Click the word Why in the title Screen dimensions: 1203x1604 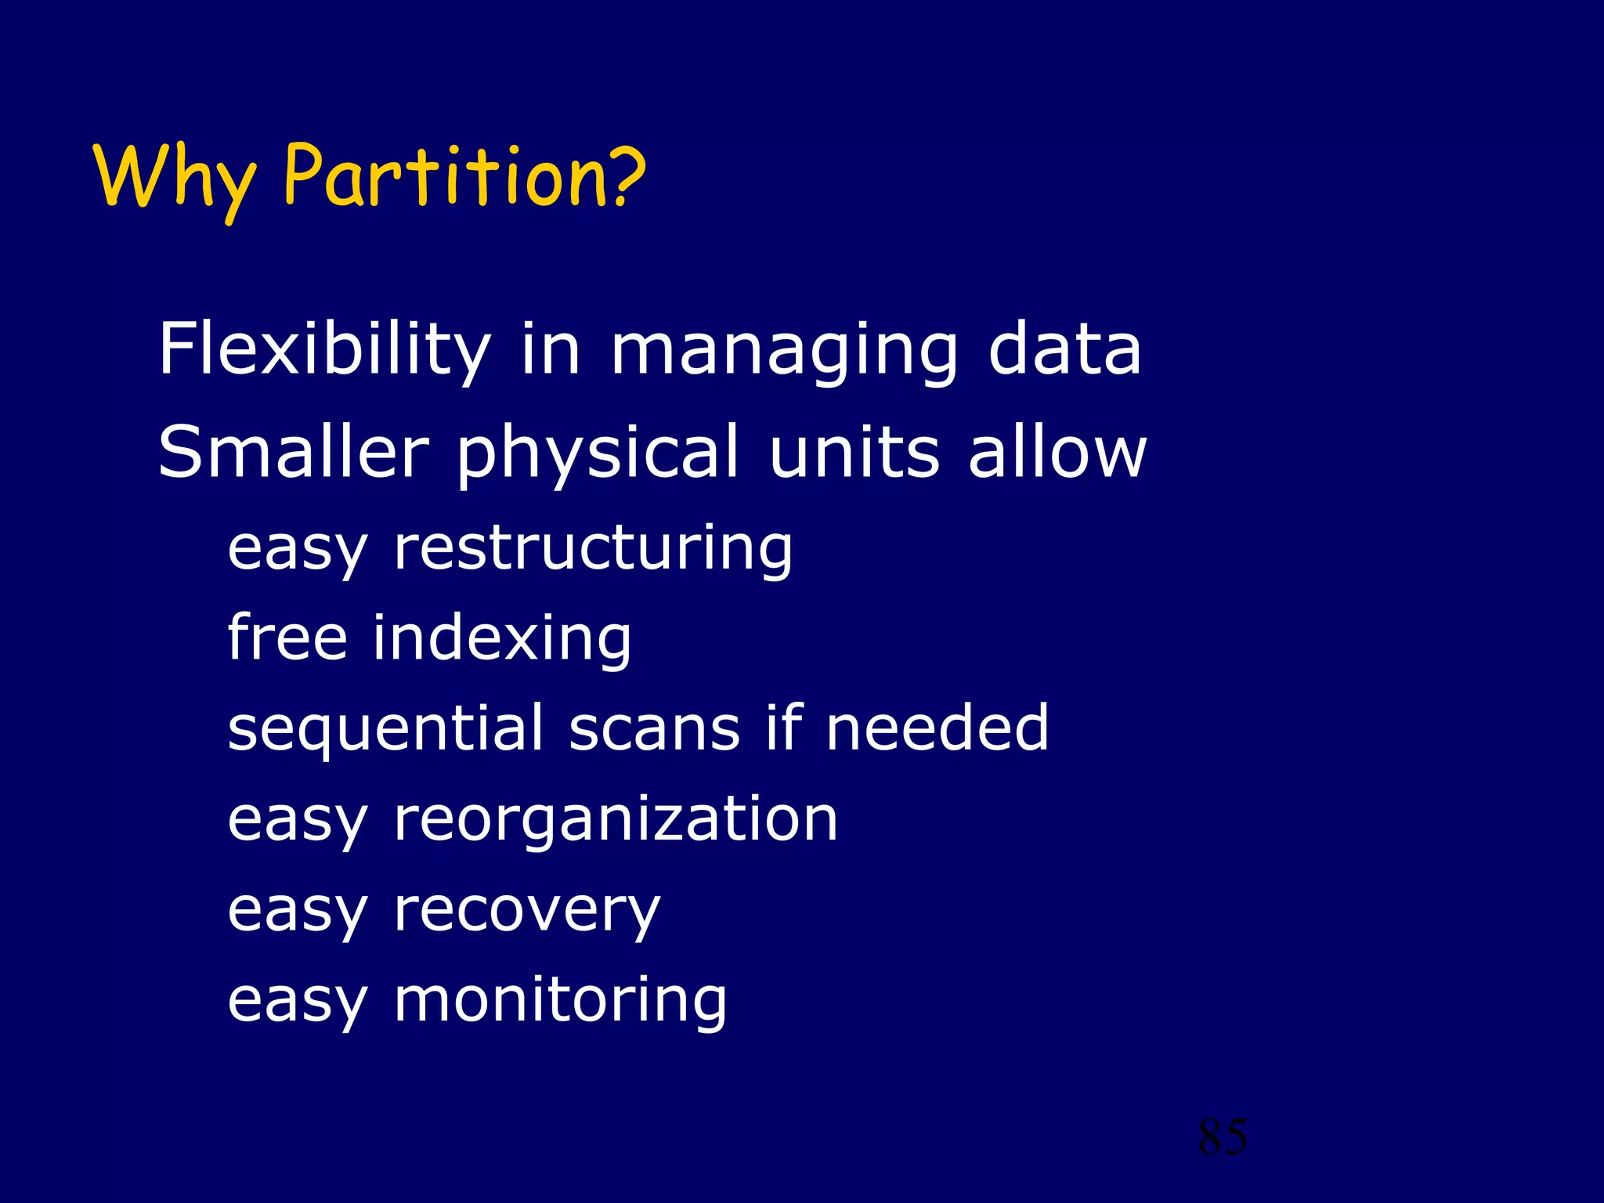click(174, 179)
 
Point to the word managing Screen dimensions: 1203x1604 click(784, 351)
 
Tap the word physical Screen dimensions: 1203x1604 click(598, 454)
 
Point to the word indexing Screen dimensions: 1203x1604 click(501, 639)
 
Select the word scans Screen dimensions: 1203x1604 click(654, 728)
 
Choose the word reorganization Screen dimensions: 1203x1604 click(616, 821)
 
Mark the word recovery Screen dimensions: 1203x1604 click(527, 912)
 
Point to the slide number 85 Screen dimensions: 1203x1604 click(1223, 1136)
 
